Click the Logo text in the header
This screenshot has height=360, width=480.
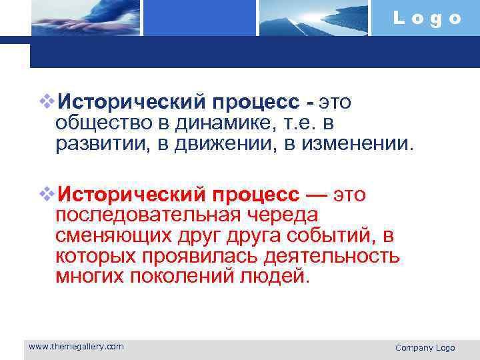[x=427, y=18]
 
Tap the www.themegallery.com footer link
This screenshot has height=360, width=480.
[x=76, y=346]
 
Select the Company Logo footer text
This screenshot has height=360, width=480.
[x=425, y=347]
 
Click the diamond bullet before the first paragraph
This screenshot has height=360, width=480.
[x=46, y=102]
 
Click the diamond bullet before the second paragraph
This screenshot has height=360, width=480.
[x=46, y=194]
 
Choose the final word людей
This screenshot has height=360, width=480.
[x=274, y=276]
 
